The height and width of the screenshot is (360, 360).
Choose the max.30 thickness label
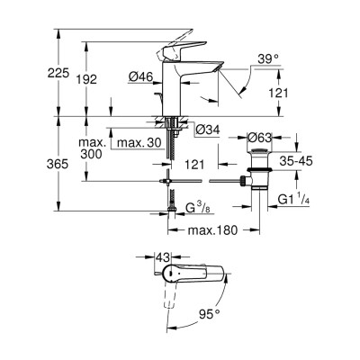pyautogui.click(x=139, y=142)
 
